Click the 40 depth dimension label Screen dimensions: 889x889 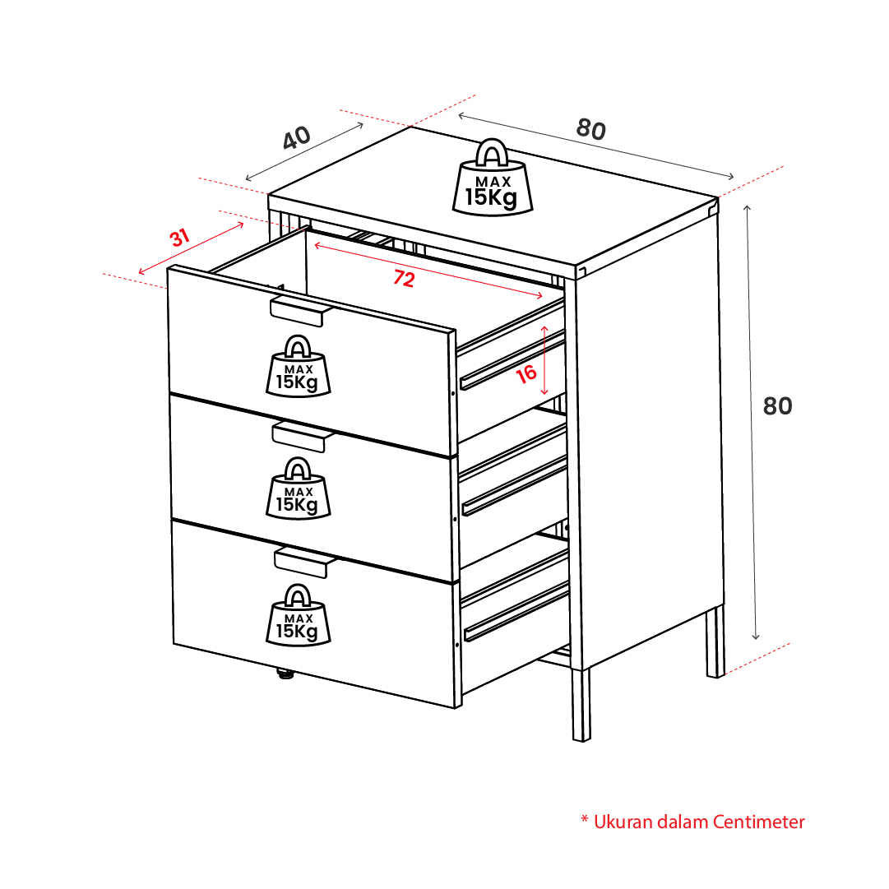(297, 138)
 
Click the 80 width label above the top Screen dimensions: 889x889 (591, 129)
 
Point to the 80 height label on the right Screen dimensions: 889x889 (777, 406)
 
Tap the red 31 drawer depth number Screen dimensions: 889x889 (180, 238)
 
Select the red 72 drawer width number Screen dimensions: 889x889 (405, 278)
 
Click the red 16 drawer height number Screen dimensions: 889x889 (526, 373)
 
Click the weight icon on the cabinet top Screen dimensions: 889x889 (492, 178)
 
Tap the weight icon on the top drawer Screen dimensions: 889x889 (299, 366)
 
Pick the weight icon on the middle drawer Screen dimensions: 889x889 (299, 488)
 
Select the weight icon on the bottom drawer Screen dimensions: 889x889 (299, 614)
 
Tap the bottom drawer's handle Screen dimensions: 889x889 (304, 563)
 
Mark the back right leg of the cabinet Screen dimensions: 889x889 (715, 641)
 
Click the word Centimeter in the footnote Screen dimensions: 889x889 (758, 822)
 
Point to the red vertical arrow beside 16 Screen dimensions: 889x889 (544, 360)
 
